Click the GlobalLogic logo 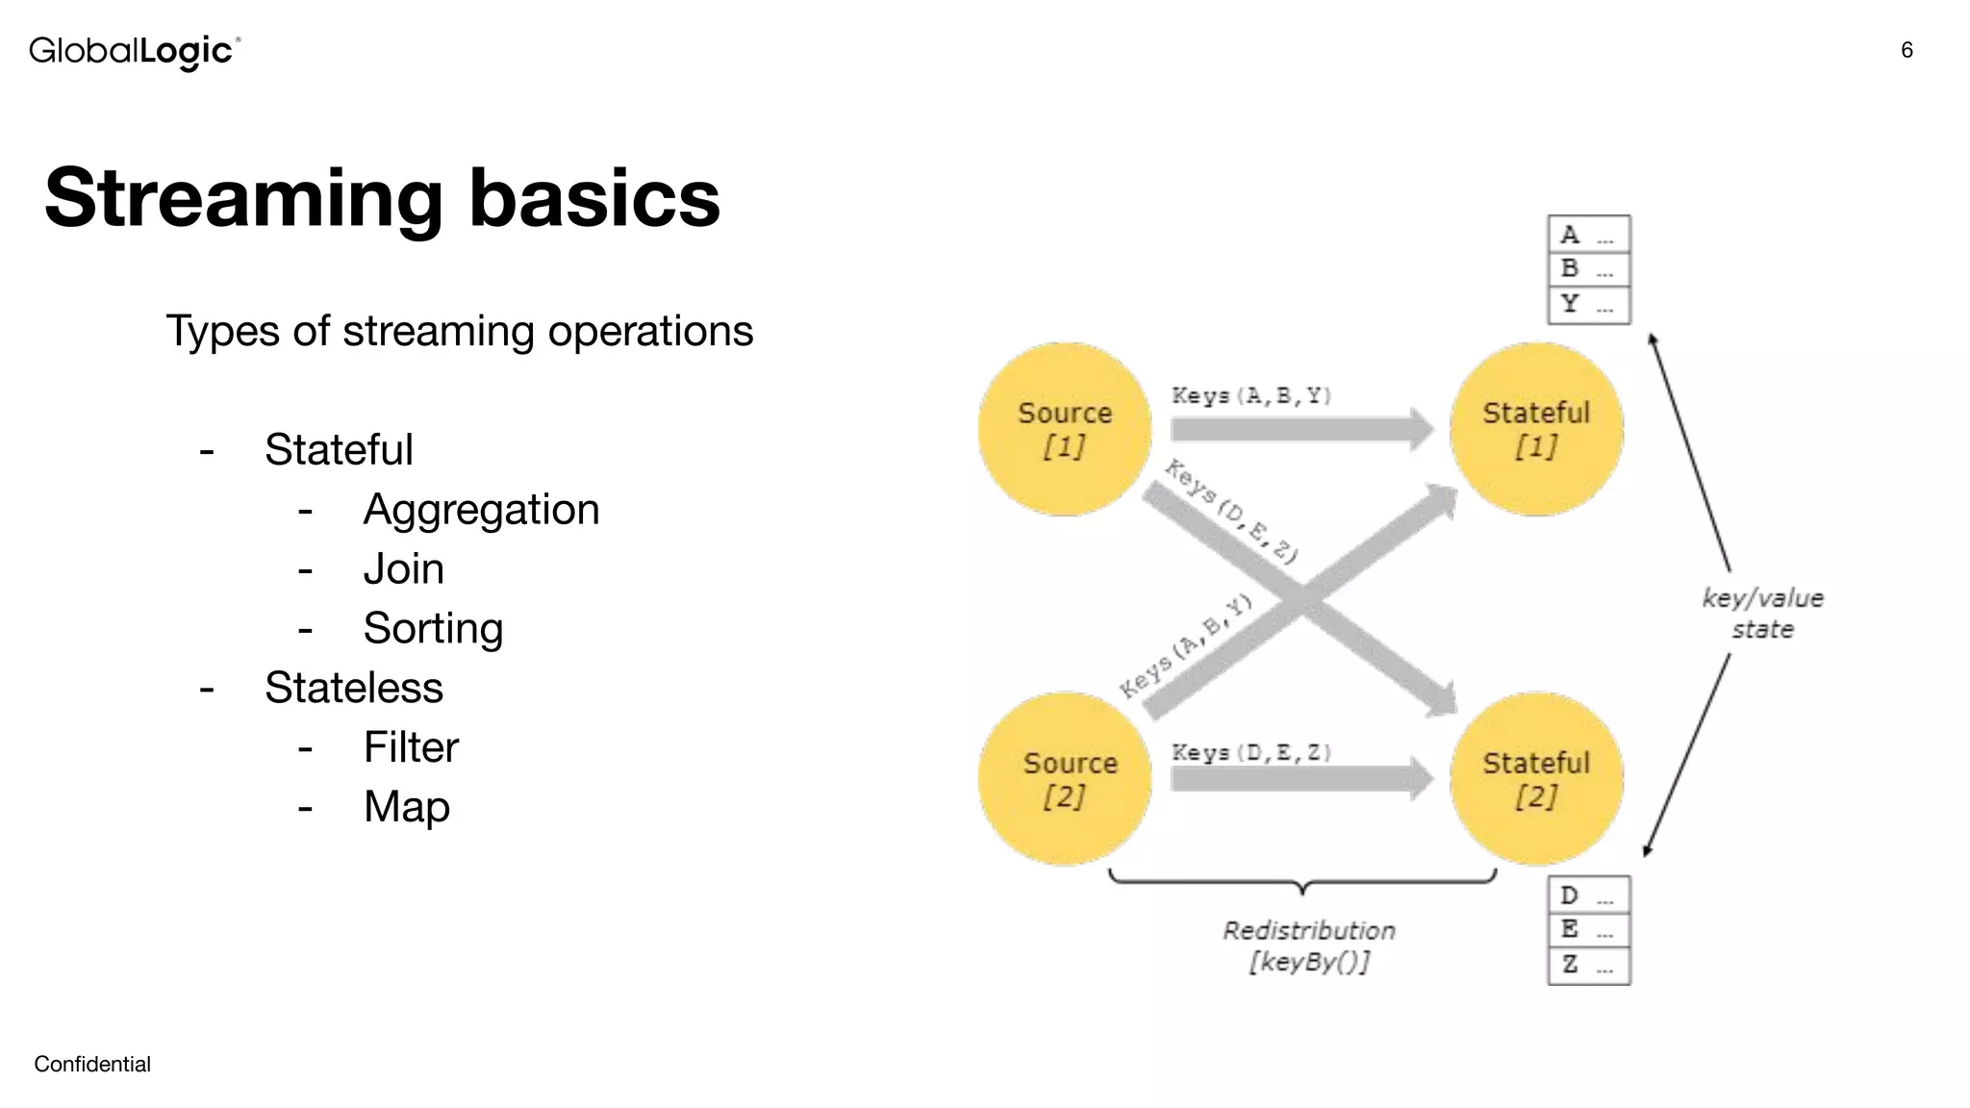(x=134, y=51)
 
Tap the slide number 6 (x=1907, y=50)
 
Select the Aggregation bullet (x=480, y=509)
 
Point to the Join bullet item (x=403, y=568)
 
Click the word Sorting (x=433, y=628)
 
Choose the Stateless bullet (x=353, y=688)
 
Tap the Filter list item (x=411, y=747)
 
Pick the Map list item (x=406, y=806)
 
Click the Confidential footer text (x=92, y=1064)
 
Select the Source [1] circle (x=1065, y=429)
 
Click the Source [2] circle (x=1065, y=778)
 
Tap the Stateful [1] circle (x=1536, y=429)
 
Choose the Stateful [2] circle (x=1536, y=778)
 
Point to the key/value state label (x=1762, y=614)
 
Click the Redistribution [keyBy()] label (x=1308, y=945)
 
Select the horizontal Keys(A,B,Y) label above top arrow (x=1250, y=395)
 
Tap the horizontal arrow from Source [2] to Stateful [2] (x=1299, y=778)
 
